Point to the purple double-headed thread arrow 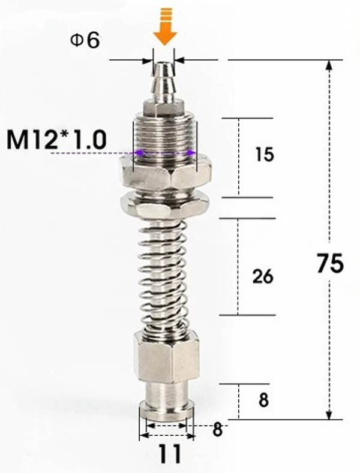pyautogui.click(x=164, y=153)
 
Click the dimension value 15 pyautogui.click(x=263, y=155)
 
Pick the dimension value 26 pyautogui.click(x=263, y=276)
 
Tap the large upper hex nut pyautogui.click(x=164, y=174)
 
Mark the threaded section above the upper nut pyautogui.click(x=164, y=135)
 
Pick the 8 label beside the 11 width pyautogui.click(x=217, y=429)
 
